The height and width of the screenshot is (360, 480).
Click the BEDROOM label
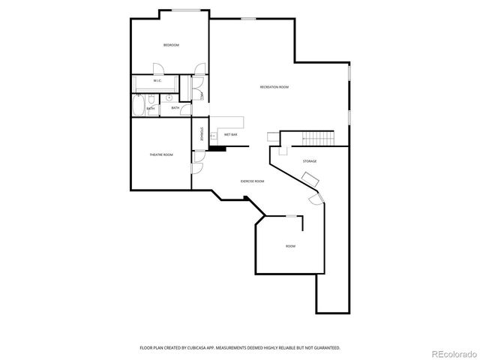(171, 46)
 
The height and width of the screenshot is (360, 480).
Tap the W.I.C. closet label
(157, 80)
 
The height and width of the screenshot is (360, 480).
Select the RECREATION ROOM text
(274, 87)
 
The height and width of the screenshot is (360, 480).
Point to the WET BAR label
(230, 134)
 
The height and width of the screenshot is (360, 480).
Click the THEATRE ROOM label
(160, 154)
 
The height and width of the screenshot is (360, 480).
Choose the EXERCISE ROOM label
(252, 181)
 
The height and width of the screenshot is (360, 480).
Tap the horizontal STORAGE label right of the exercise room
(309, 161)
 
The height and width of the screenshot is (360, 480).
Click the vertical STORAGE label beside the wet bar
(201, 133)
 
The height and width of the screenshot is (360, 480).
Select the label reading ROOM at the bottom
(289, 246)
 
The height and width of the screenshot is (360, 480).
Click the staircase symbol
(317, 138)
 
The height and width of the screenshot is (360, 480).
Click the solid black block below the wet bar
(217, 148)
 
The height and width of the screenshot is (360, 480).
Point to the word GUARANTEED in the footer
(324, 348)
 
